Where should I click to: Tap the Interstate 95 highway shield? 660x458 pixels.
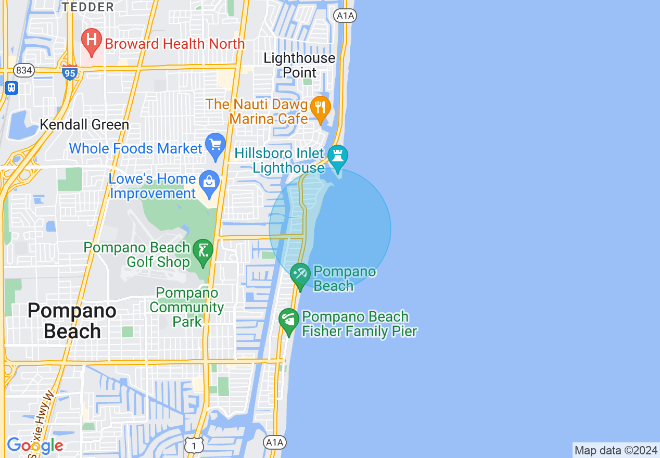[x=69, y=72]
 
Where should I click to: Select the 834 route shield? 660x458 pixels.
[x=23, y=70]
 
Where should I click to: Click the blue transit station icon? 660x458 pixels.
[x=11, y=87]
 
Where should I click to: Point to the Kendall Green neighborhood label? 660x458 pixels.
[x=84, y=125]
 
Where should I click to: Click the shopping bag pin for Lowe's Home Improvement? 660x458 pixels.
[x=209, y=183]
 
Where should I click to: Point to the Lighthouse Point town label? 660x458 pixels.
[x=299, y=65]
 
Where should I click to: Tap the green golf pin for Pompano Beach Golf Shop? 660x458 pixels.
[x=202, y=252]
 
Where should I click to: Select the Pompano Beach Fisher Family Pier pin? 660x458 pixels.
[x=288, y=321]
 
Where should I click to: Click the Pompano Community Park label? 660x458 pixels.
[x=187, y=308]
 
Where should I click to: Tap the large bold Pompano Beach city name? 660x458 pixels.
[x=72, y=321]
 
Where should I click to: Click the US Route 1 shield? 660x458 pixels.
[x=194, y=444]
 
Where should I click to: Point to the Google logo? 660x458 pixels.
[x=35, y=446]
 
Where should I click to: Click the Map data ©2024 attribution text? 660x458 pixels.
[x=616, y=450]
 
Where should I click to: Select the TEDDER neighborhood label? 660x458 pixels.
[x=87, y=7]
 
